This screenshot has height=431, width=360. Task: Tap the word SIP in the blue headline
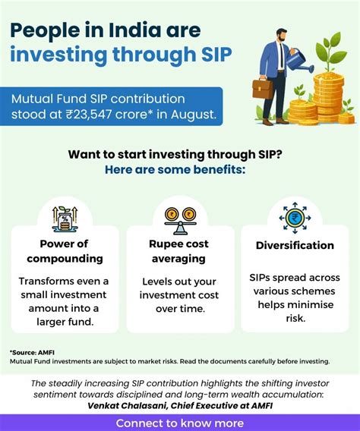tap(216, 54)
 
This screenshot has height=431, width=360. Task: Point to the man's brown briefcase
tap(263, 88)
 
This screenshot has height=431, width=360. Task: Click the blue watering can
tap(299, 61)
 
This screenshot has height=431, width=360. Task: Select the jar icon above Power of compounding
tap(65, 219)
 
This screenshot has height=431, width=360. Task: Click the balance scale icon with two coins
tap(180, 221)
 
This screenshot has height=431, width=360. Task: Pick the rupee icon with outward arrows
tap(295, 218)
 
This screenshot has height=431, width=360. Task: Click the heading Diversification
tap(295, 245)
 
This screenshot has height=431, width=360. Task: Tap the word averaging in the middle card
tap(178, 259)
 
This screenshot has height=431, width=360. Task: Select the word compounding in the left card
tap(65, 259)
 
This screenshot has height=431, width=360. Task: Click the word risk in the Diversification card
tap(295, 318)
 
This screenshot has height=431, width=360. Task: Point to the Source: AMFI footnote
tap(32, 352)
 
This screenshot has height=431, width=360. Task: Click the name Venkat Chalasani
tap(127, 406)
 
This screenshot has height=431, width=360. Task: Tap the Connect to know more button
tap(180, 423)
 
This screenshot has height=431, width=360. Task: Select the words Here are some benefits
tap(175, 170)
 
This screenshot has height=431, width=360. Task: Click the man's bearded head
tap(281, 35)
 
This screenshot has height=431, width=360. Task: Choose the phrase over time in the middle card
tap(181, 309)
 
